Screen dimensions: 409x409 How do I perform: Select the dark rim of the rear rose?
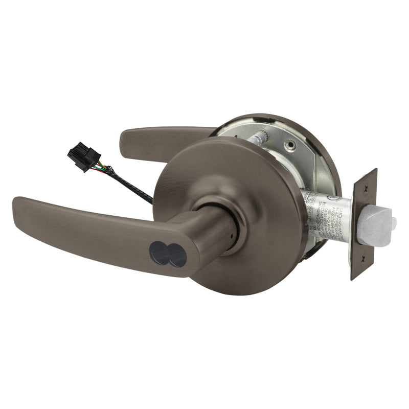click(327, 153)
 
